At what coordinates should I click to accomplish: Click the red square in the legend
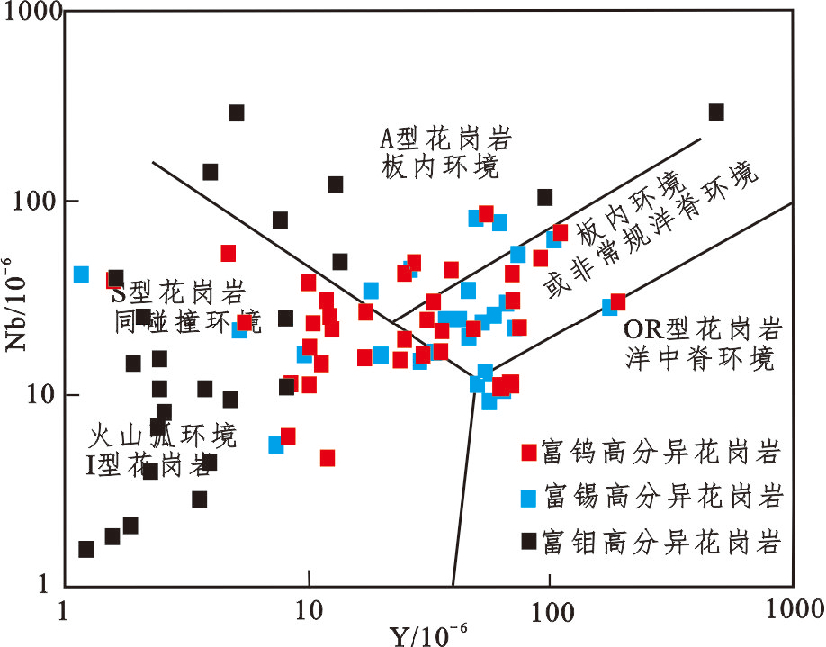pos(530,451)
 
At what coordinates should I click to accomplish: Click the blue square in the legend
pos(530,497)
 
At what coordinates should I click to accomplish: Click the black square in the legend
pos(530,541)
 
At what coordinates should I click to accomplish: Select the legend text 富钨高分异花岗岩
pos(660,451)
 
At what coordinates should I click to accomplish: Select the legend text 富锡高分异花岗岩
pos(660,496)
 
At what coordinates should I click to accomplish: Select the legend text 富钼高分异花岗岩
pos(660,542)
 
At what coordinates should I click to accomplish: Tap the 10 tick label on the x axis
pos(308,608)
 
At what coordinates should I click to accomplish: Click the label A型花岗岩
pos(444,139)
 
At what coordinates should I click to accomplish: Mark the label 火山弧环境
pos(164,437)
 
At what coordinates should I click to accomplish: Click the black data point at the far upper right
pos(716,112)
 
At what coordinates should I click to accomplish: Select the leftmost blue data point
pos(81,274)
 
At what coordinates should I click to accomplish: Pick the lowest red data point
pos(328,458)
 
